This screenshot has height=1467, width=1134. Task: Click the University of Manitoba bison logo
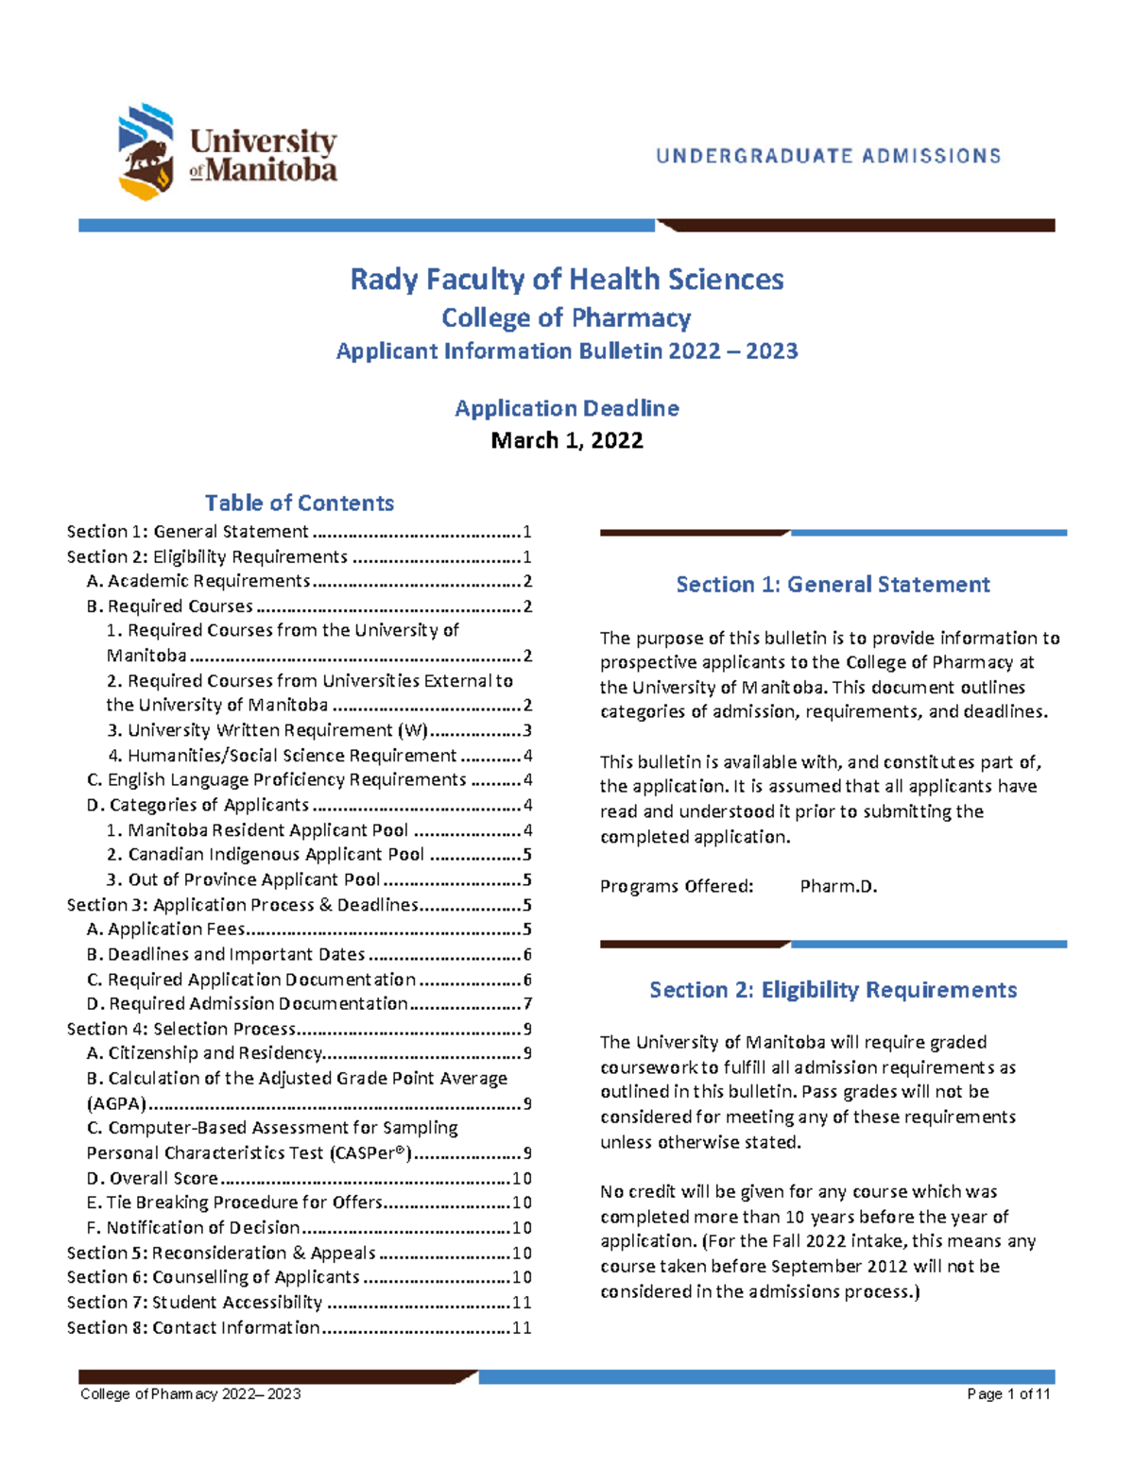point(146,152)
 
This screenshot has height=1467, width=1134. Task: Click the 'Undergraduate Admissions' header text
point(829,156)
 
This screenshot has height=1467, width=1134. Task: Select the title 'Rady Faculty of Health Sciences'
point(567,280)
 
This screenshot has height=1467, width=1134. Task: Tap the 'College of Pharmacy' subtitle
point(567,317)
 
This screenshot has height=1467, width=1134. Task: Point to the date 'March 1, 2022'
point(567,441)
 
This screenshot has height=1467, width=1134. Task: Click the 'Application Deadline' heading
point(567,408)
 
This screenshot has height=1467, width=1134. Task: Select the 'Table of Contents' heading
point(300,503)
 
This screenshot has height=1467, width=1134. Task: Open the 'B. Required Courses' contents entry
point(180,606)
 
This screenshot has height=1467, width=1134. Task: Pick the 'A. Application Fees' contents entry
point(176,930)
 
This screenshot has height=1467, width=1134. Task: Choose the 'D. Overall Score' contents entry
point(163,1178)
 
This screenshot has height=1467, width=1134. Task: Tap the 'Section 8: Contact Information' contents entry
point(194,1327)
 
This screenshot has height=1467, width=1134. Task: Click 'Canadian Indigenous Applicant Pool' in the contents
point(276,855)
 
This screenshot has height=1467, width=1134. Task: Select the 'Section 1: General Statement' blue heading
point(833,585)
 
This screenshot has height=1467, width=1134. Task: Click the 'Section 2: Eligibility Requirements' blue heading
point(833,990)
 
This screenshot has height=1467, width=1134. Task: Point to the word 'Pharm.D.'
point(838,887)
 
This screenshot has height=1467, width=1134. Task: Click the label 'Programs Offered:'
point(677,887)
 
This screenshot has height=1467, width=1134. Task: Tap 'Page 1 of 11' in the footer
point(1008,1394)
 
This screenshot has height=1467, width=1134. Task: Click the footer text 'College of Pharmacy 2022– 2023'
point(190,1394)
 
